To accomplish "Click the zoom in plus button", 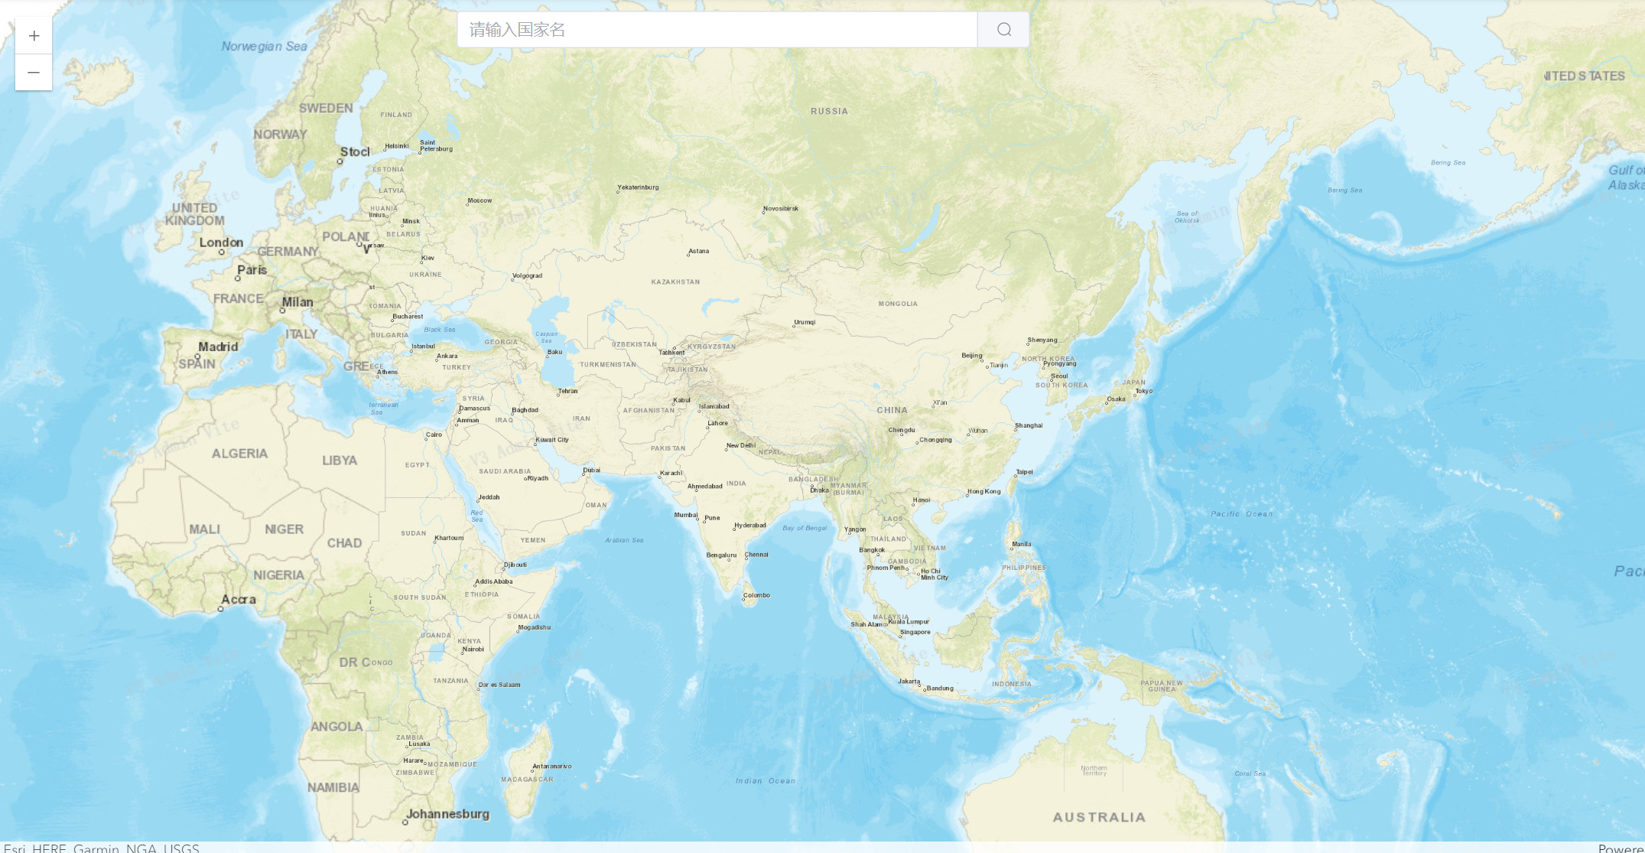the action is click(34, 36).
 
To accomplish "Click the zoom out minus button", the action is click(34, 73).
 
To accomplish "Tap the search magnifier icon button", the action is click(1003, 30).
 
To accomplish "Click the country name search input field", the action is click(717, 30).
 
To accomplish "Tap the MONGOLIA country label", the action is click(898, 304).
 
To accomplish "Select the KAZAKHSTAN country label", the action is click(675, 282).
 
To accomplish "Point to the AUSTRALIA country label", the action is click(1099, 817).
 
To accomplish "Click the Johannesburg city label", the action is click(447, 814).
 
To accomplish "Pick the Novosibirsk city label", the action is click(781, 208).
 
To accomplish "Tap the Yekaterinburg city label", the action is click(639, 187).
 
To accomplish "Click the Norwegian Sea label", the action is click(264, 47).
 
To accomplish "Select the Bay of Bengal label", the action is click(805, 528).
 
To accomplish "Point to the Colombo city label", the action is click(756, 594).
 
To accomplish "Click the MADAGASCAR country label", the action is click(527, 780).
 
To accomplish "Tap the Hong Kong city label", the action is click(984, 491).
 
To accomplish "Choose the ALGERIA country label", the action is click(239, 454).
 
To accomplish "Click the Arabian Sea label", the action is click(624, 540).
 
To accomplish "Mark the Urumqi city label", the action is click(805, 322).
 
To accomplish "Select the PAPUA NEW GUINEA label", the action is click(1162, 685).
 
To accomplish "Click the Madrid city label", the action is click(218, 347).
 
